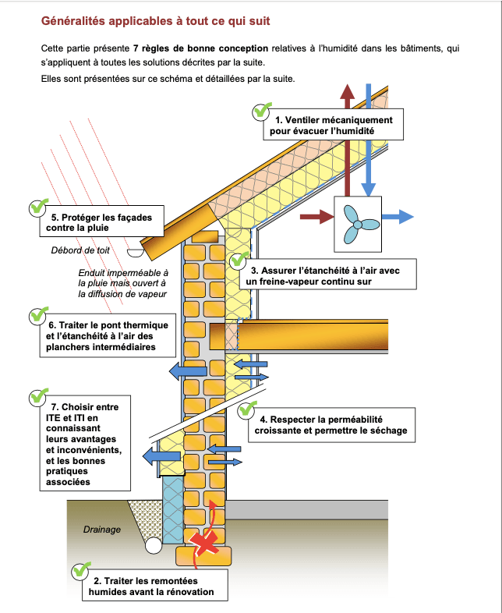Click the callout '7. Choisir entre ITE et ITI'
coord(83,444)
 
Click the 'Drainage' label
coord(102,530)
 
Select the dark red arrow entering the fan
coord(318,217)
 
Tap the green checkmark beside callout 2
coord(80,570)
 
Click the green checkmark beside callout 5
coord(37,207)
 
